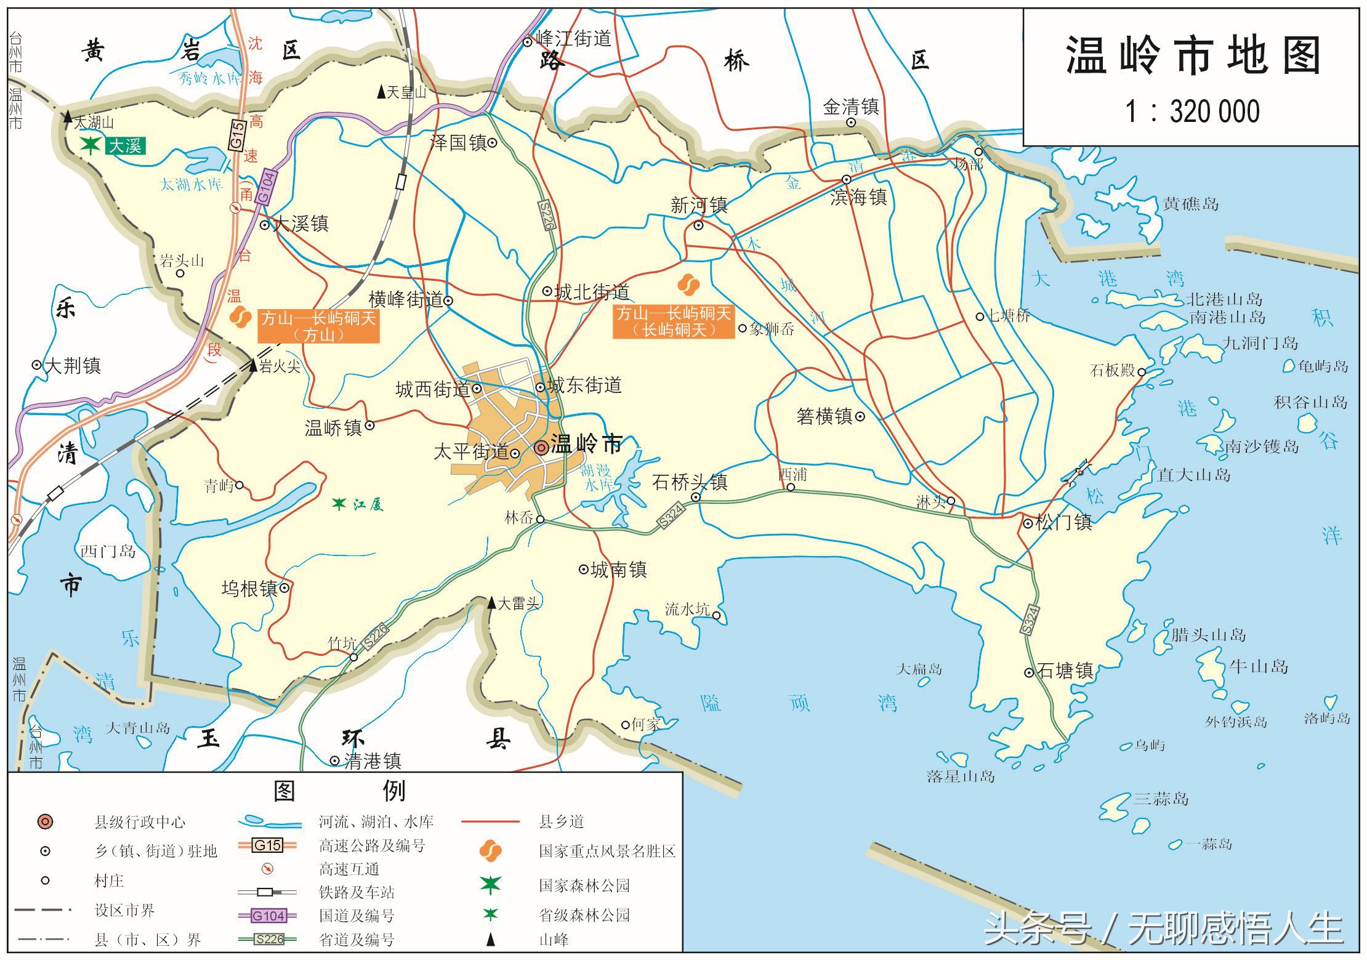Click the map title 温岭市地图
[x=1193, y=56]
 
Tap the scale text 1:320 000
[x=1193, y=112]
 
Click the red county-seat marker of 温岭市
[x=541, y=448]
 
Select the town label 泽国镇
[x=459, y=143]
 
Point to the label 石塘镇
[x=1065, y=671]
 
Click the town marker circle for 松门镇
[x=1028, y=523]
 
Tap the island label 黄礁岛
[x=1190, y=204]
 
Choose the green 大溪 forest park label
[x=125, y=146]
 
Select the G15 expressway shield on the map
[x=238, y=134]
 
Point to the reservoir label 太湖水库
[x=191, y=184]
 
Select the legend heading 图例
[x=339, y=791]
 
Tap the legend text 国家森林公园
[x=584, y=885]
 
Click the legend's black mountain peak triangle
[x=491, y=940]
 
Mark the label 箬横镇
[x=824, y=417]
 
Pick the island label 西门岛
[x=108, y=551]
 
